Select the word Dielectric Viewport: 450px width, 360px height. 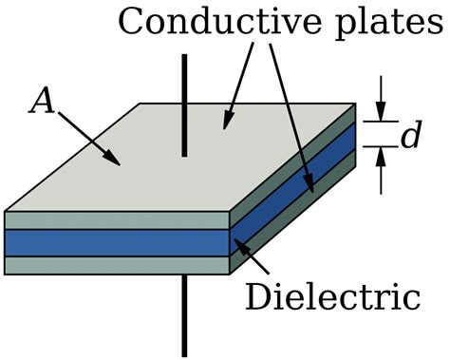(332, 297)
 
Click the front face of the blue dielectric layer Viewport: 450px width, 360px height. (114, 242)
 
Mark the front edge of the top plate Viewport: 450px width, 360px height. (114, 220)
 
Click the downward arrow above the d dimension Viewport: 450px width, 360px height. (381, 105)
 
